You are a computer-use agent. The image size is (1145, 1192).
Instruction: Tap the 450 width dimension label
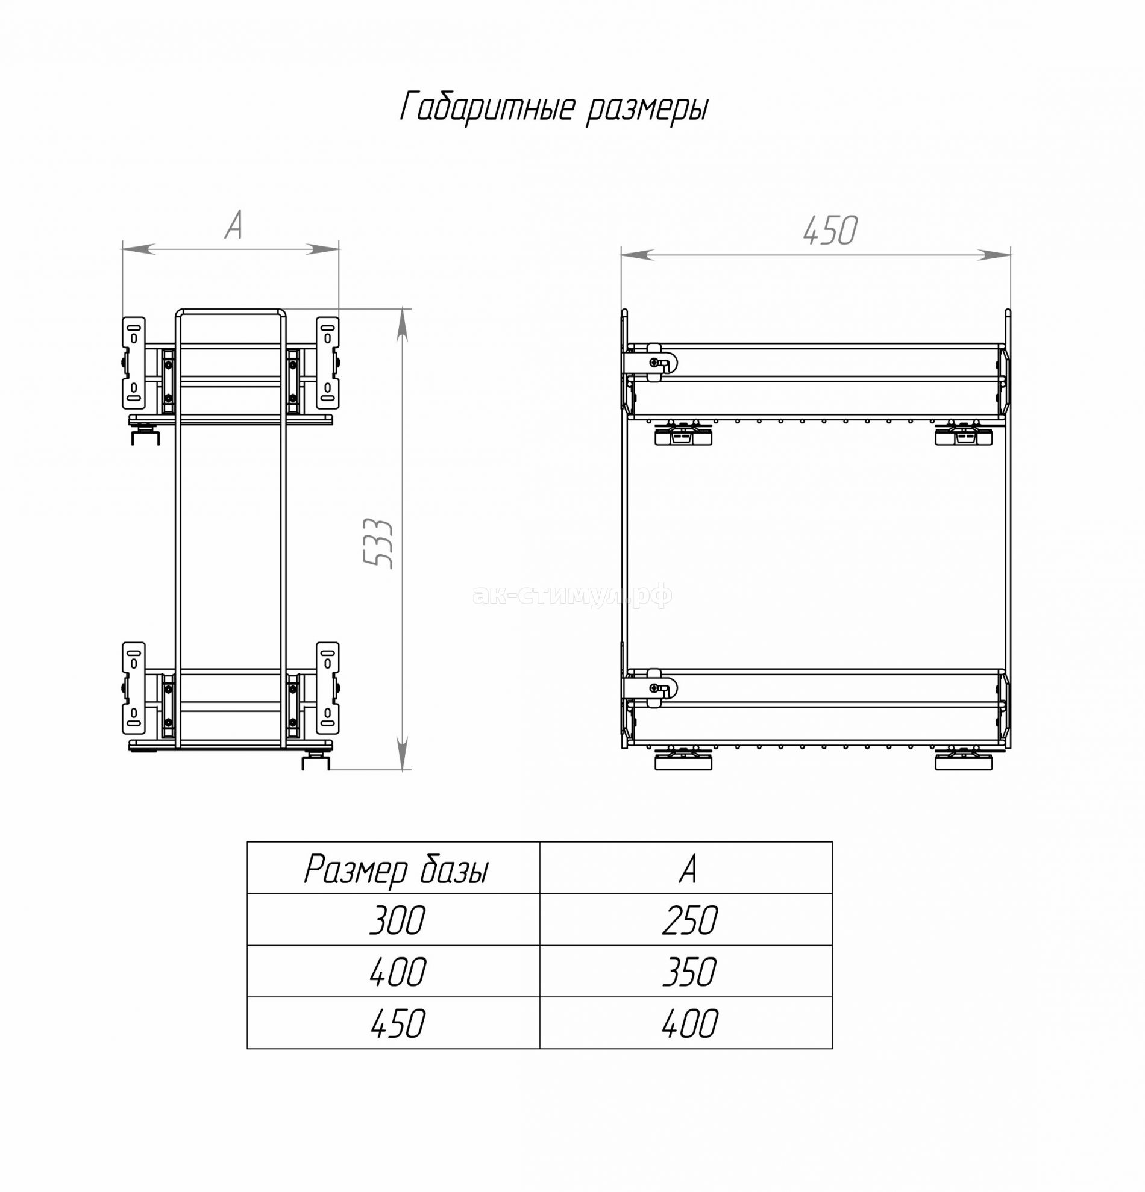(830, 231)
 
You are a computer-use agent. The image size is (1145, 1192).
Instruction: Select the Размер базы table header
(396, 870)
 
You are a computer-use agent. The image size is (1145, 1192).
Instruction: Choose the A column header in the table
(688, 869)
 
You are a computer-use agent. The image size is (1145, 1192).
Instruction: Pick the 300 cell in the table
(397, 920)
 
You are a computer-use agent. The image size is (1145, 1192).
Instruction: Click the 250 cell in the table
(690, 920)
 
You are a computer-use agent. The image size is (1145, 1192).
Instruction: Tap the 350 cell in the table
(690, 972)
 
